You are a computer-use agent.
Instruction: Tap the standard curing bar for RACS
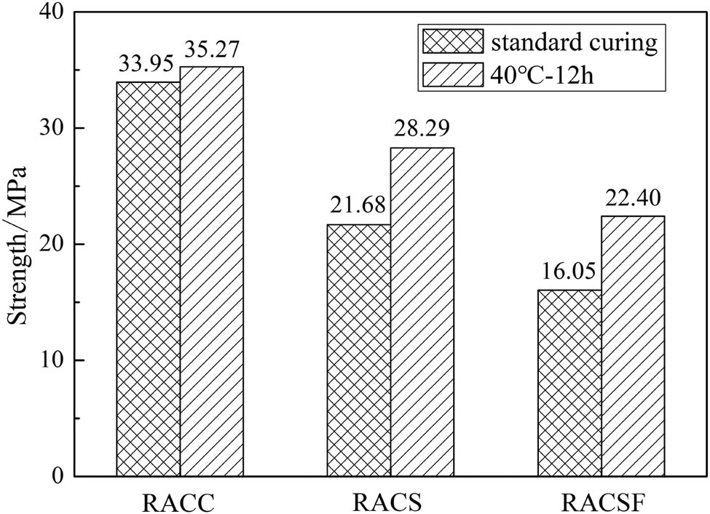coord(358,350)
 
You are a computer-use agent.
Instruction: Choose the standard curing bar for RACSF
coord(569,383)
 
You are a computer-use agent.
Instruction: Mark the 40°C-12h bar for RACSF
coord(633,346)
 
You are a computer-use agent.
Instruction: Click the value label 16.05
coord(568,274)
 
